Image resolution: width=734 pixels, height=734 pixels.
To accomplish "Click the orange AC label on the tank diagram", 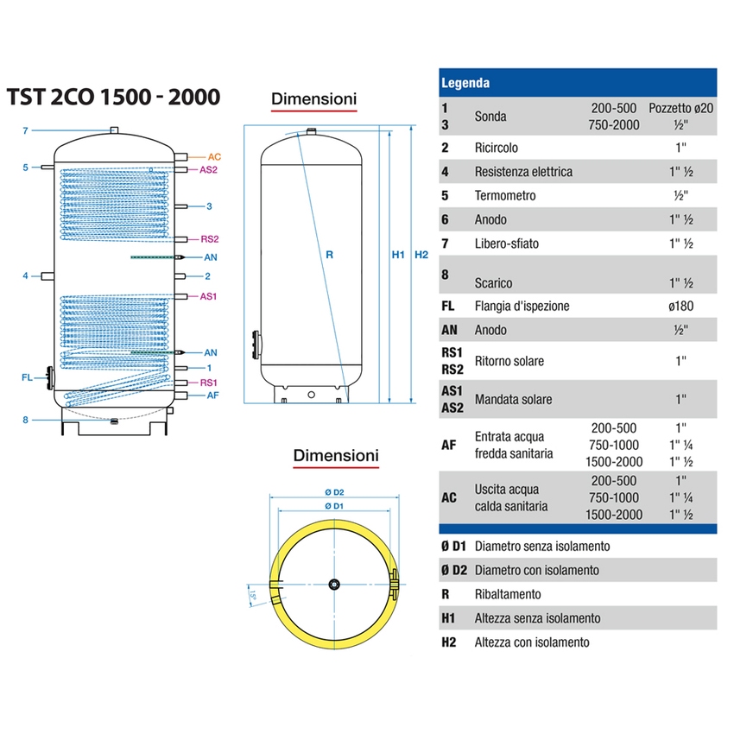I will pyautogui.click(x=215, y=156).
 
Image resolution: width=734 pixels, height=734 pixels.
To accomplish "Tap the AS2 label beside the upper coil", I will pyautogui.click(x=208, y=170).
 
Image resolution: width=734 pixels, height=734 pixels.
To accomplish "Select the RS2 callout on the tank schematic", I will pyautogui.click(x=209, y=239).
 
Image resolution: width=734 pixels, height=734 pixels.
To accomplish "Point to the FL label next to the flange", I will pyautogui.click(x=27, y=377).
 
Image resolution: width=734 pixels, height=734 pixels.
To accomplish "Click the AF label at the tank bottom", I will pyautogui.click(x=212, y=395).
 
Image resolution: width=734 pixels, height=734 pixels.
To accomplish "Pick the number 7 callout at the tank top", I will pyautogui.click(x=26, y=130).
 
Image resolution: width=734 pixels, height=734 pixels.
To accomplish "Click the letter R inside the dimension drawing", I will pyautogui.click(x=329, y=255).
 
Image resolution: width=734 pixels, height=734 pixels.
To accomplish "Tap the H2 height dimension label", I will pyautogui.click(x=421, y=255).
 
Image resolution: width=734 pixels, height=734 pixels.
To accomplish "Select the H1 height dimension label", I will pyautogui.click(x=398, y=255).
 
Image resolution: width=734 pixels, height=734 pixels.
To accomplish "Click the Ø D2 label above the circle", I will pyautogui.click(x=333, y=492).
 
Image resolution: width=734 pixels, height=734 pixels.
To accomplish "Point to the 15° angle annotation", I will pyautogui.click(x=252, y=596).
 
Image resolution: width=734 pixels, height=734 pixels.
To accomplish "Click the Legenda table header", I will pyautogui.click(x=465, y=84).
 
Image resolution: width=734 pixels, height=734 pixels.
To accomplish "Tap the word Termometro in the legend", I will pyautogui.click(x=505, y=196).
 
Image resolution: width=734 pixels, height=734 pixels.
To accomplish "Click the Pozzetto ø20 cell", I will pyautogui.click(x=681, y=109).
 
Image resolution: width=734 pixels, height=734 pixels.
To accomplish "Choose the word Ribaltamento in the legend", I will pyautogui.click(x=508, y=595).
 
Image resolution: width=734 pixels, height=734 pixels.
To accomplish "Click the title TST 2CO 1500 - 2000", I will pyautogui.click(x=113, y=98).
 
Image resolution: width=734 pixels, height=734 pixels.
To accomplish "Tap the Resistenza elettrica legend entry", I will pyautogui.click(x=523, y=172).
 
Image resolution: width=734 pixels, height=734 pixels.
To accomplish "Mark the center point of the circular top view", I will pyautogui.click(x=334, y=585).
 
